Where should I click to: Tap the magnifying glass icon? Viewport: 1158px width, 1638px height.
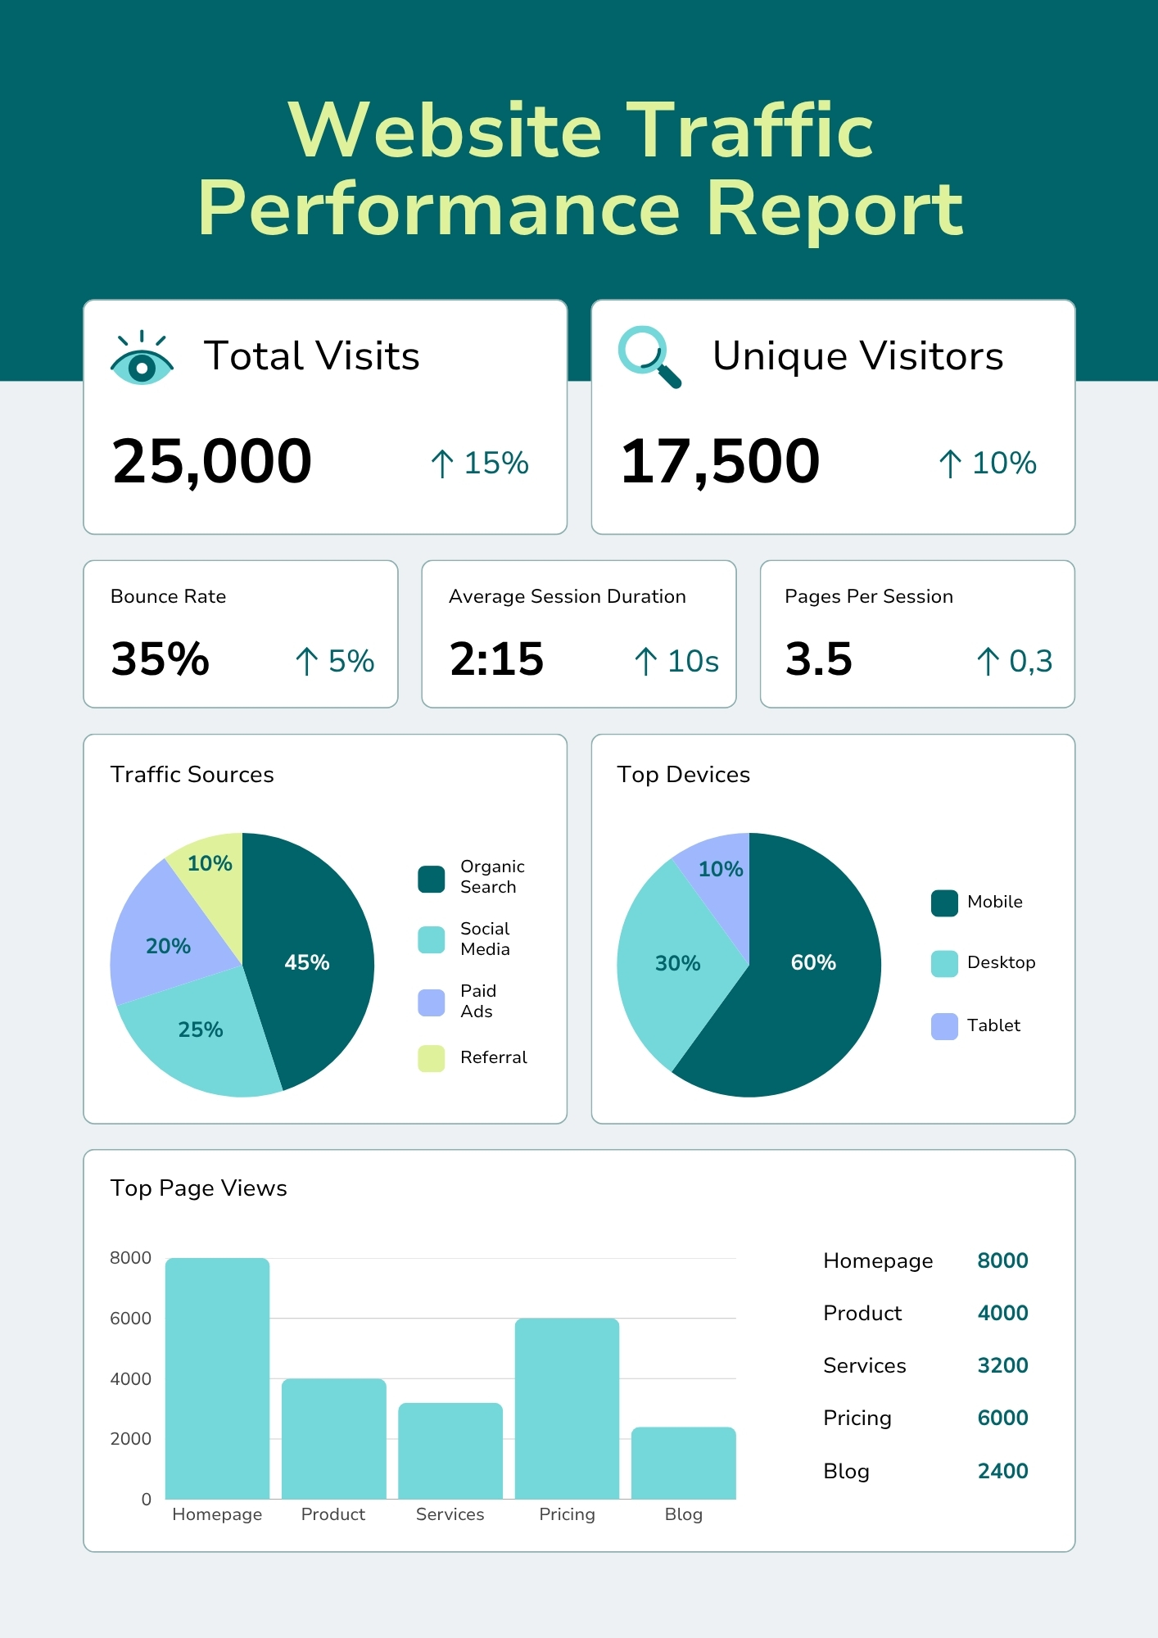pyautogui.click(x=649, y=356)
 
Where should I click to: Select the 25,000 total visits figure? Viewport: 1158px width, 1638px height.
pyautogui.click(x=212, y=461)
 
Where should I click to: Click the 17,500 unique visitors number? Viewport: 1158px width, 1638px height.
pyautogui.click(x=720, y=461)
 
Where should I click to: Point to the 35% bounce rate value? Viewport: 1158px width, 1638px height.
pyautogui.click(x=161, y=658)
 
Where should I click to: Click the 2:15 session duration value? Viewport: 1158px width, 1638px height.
pyautogui.click(x=496, y=658)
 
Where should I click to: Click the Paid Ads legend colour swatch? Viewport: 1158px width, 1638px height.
pyautogui.click(x=432, y=1002)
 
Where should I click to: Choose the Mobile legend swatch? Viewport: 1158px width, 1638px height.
pyautogui.click(x=944, y=903)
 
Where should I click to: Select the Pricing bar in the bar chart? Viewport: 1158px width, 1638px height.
pyautogui.click(x=567, y=1409)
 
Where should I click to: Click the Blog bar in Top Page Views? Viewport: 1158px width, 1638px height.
pyautogui.click(x=683, y=1463)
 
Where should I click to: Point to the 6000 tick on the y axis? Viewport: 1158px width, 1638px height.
pyautogui.click(x=131, y=1319)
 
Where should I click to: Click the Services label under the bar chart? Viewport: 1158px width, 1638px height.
pyautogui.click(x=450, y=1514)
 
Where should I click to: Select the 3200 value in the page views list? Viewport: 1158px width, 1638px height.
pyautogui.click(x=1002, y=1365)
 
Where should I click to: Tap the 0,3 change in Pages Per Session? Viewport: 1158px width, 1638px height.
pyautogui.click(x=1030, y=661)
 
